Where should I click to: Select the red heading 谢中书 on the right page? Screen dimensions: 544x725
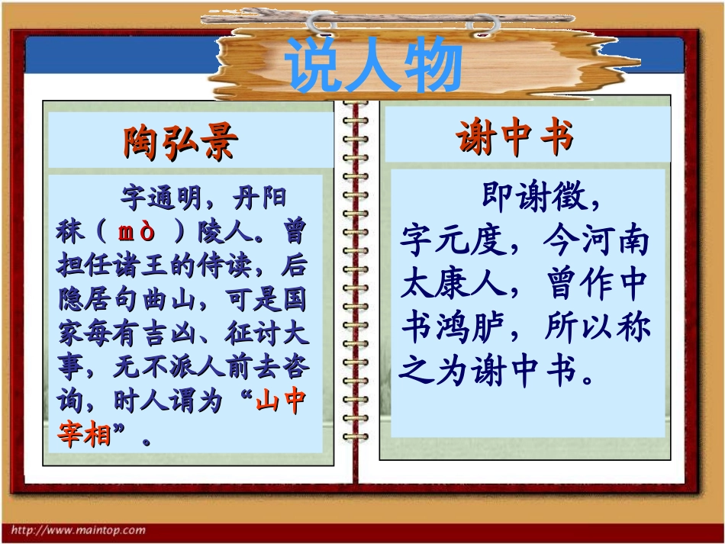[x=514, y=139]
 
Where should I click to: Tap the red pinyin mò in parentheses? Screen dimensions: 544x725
[x=138, y=232]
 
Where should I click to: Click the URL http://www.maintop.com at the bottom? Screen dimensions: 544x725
[x=79, y=530]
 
